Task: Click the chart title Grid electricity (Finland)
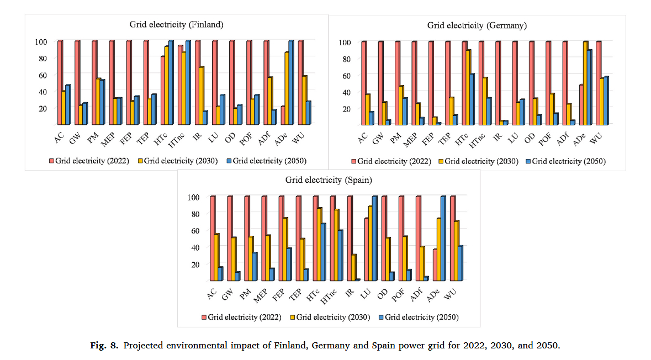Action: point(176,24)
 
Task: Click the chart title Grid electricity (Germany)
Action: point(477,25)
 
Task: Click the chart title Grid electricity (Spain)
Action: point(329,180)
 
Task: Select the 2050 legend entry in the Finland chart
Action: point(266,161)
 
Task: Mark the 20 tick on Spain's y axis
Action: point(194,264)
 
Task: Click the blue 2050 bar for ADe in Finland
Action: point(291,83)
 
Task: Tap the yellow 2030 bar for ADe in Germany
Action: point(585,83)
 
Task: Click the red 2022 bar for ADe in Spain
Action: point(435,265)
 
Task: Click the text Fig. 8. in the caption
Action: point(104,346)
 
